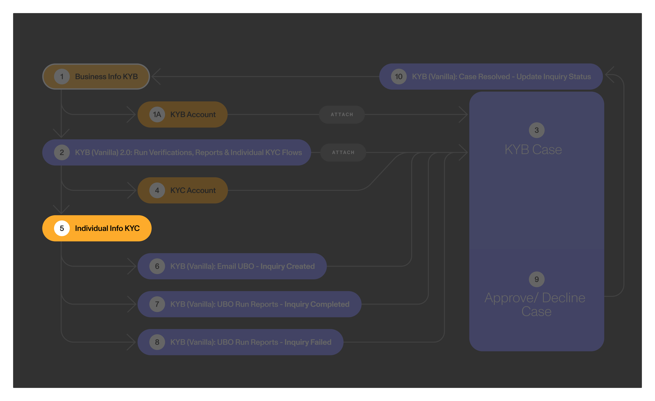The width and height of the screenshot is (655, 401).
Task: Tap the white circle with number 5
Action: coord(62,228)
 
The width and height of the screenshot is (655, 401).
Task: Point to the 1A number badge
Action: coord(157,114)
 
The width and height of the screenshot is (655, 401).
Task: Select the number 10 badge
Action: coord(398,77)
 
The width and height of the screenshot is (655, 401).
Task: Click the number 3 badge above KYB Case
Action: coord(536,130)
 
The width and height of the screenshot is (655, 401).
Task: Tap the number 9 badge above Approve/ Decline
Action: coord(536,279)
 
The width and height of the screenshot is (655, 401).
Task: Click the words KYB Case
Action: coord(533,149)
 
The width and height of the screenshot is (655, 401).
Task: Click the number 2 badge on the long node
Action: coord(62,152)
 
